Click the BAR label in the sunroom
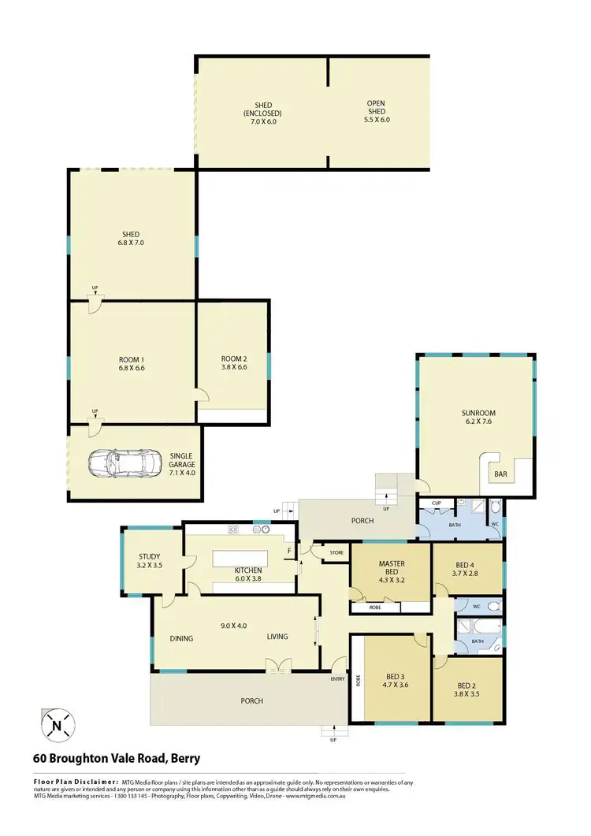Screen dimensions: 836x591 [501, 474]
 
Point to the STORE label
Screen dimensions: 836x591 [336, 553]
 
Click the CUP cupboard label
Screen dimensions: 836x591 [435, 502]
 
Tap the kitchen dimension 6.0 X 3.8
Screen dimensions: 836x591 [247, 578]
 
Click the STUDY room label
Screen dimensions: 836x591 [150, 556]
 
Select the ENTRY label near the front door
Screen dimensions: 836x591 [338, 678]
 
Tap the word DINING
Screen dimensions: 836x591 [182, 638]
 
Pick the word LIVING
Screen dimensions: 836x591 [278, 638]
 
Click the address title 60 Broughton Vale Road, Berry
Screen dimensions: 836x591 [117, 759]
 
